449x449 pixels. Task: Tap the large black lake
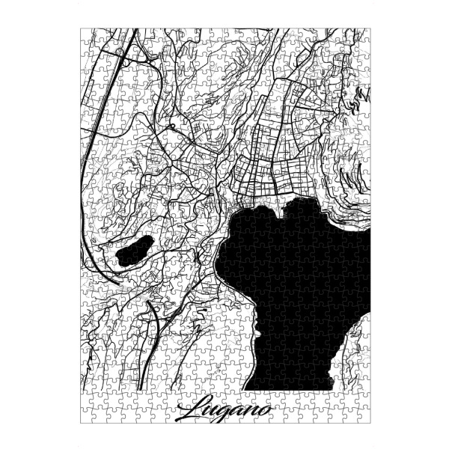tap(299, 284)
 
